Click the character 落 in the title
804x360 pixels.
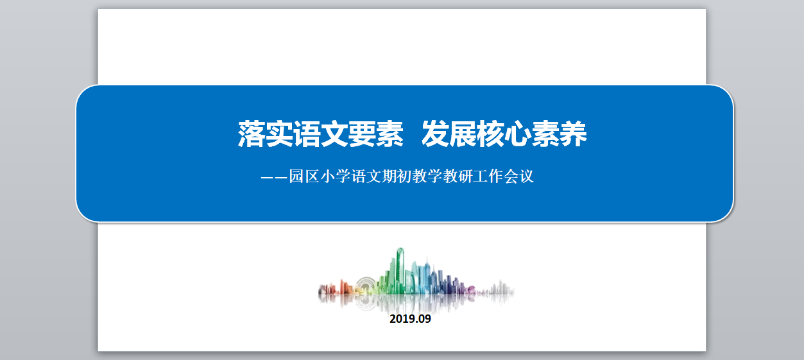[x=252, y=134]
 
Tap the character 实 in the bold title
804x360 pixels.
[x=279, y=134]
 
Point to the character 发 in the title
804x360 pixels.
[x=436, y=134]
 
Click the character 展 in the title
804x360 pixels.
[x=463, y=134]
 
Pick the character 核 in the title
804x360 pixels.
[x=491, y=134]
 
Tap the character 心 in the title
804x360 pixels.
[x=518, y=134]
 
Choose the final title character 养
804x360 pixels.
[x=573, y=134]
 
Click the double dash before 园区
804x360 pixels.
[x=275, y=177]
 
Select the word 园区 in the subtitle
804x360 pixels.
[x=304, y=176]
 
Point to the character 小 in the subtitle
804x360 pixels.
[x=327, y=176]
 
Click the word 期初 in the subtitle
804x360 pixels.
[x=397, y=176]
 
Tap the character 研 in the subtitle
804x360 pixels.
[x=465, y=176]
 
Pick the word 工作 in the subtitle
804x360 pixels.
[x=488, y=176]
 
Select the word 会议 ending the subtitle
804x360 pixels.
[x=518, y=176]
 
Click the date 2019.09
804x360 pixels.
[x=410, y=319]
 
